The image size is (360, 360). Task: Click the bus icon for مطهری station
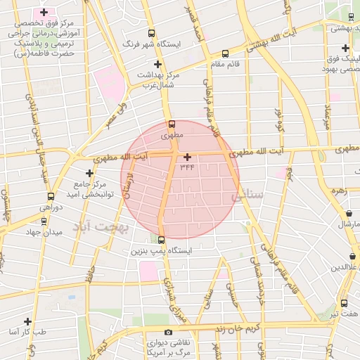click(x=172, y=124)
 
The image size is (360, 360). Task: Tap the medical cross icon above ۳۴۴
click(x=187, y=157)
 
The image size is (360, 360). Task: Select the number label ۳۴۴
click(x=187, y=167)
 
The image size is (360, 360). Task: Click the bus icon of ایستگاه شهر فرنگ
click(x=151, y=33)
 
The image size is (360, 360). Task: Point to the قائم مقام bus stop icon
click(x=225, y=53)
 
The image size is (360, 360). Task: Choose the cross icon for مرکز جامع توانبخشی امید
click(x=89, y=173)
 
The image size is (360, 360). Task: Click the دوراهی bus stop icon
click(x=51, y=197)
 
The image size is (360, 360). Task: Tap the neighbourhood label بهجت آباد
click(x=101, y=227)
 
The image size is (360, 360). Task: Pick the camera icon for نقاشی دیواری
click(x=167, y=332)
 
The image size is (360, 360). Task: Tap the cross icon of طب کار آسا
click(x=27, y=321)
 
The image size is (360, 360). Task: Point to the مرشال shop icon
click(x=349, y=214)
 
